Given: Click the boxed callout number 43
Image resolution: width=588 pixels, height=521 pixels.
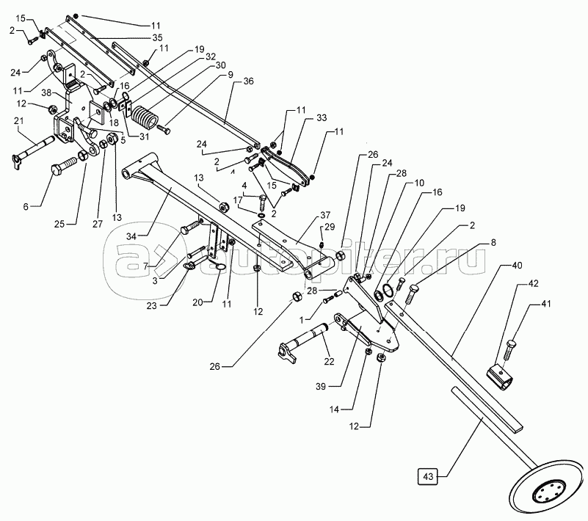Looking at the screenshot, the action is point(428,476).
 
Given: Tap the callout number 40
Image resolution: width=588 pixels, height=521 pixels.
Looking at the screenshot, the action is point(517,266).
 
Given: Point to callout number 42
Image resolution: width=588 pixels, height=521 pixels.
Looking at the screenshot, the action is point(533,284).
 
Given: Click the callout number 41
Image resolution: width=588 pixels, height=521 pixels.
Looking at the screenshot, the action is point(546,304).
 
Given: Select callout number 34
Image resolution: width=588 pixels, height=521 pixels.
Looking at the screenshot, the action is point(131,236).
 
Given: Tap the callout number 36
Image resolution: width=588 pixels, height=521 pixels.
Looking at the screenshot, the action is point(248,81).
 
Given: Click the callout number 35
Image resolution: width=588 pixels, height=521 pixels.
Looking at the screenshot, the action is point(158,37).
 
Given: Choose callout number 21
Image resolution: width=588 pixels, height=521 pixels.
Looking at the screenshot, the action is point(19,120).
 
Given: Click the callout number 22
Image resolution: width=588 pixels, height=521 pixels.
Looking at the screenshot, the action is point(329,361).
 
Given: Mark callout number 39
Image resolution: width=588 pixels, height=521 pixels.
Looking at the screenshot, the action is point(321,386).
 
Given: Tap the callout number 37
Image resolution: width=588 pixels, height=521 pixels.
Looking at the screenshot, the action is point(325,215).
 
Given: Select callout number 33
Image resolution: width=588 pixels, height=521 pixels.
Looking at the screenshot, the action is point(322,117).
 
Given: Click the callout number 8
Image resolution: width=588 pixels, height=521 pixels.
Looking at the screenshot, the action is point(493,242).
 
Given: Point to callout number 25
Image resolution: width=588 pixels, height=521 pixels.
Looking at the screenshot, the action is point(59,224).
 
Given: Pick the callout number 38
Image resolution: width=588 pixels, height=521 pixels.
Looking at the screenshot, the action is point(46,92).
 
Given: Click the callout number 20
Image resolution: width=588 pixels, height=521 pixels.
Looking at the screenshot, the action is point(197,302).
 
